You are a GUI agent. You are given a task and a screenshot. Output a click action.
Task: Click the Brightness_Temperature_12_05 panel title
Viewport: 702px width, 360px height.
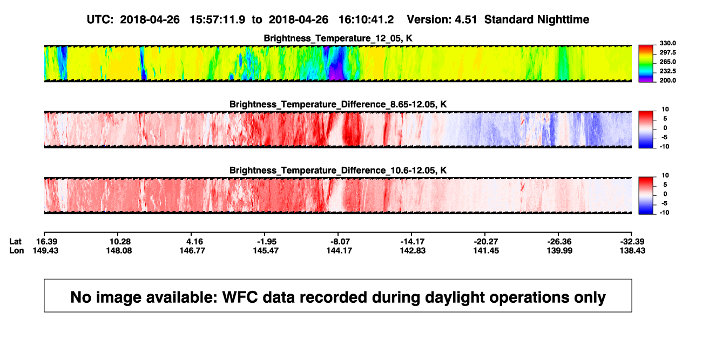click(338, 38)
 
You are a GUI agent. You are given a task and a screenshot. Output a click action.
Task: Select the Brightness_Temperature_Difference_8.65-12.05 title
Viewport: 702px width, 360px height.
click(338, 104)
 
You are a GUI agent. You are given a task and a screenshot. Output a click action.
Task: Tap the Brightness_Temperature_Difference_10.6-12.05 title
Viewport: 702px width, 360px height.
click(338, 171)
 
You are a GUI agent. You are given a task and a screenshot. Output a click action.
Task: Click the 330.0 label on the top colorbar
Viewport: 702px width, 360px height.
click(667, 43)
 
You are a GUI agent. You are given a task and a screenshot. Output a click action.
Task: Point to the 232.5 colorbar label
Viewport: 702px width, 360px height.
click(667, 71)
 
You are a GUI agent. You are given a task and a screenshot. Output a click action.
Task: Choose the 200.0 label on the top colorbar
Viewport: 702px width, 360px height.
click(667, 80)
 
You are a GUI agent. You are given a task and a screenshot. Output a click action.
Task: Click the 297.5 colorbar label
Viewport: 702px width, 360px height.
click(667, 52)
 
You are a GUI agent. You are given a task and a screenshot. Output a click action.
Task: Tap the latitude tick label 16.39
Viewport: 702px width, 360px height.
click(46, 242)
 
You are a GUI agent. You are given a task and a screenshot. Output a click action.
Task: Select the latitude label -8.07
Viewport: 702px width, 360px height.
click(340, 242)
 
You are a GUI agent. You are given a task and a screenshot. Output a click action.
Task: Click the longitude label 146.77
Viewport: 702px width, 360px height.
click(192, 250)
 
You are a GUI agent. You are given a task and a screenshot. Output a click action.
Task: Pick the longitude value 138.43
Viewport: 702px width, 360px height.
click(632, 250)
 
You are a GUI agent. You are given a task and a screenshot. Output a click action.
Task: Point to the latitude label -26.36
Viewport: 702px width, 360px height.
click(559, 242)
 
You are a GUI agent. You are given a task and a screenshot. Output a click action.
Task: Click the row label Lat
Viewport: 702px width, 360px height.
click(15, 242)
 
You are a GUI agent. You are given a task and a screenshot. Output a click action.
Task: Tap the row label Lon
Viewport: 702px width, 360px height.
click(16, 250)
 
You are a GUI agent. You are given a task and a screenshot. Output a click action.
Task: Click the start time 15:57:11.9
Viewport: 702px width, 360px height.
click(217, 19)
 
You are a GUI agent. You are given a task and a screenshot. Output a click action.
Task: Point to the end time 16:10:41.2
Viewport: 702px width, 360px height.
click(366, 19)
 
